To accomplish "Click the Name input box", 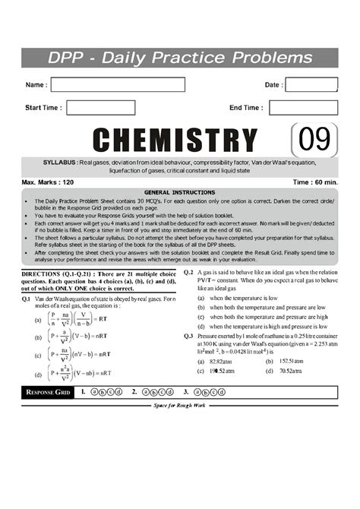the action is [117, 85].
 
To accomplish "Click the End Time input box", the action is [303, 108].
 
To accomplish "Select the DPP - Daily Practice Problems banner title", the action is [179, 58].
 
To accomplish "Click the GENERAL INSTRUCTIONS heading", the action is [179, 192].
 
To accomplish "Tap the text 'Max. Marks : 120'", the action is [48, 183].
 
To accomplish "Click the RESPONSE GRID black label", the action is [49, 392].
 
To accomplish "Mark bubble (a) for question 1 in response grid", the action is [94, 392].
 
